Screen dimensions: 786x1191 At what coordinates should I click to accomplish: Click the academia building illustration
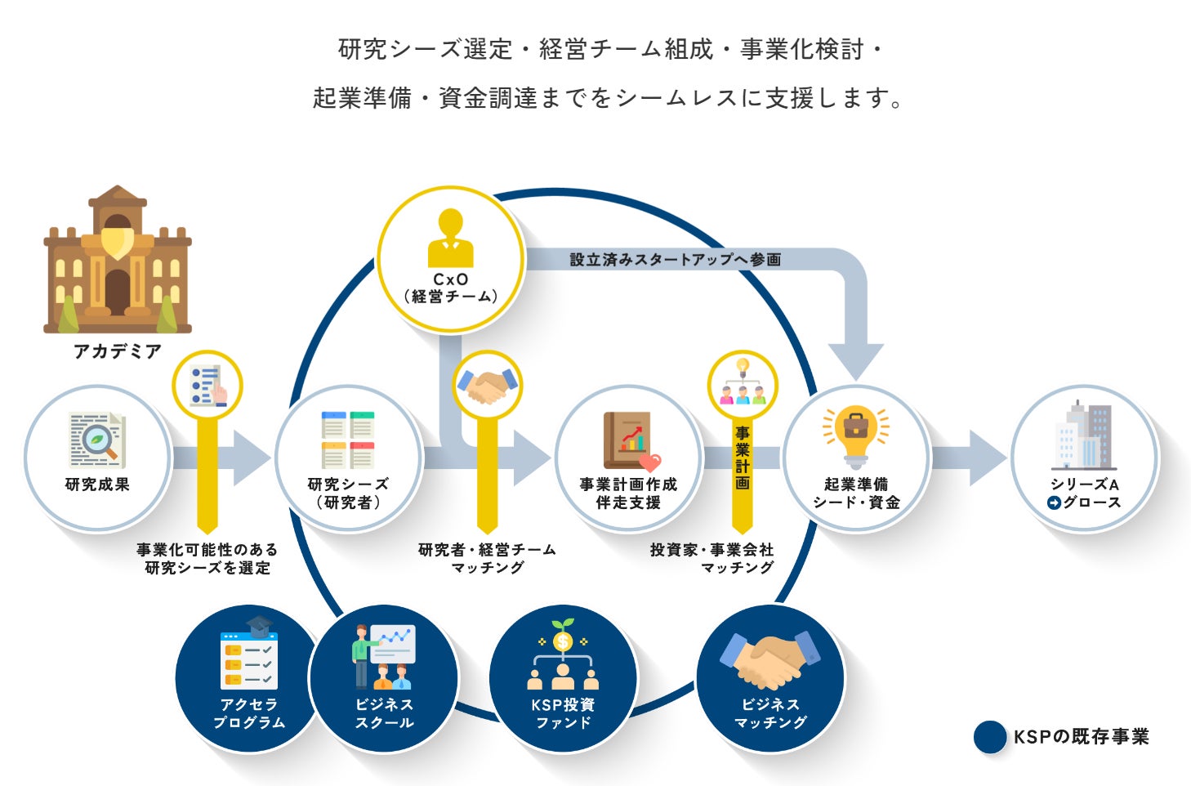click(118, 260)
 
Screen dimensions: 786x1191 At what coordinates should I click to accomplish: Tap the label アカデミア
click(118, 351)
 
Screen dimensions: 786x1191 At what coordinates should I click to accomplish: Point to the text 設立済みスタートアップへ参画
click(675, 260)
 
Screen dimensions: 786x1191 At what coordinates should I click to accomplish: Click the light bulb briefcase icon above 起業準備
click(855, 434)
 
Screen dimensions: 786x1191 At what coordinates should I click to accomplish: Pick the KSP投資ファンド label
click(563, 713)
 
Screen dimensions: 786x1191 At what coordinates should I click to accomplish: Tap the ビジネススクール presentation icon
click(384, 655)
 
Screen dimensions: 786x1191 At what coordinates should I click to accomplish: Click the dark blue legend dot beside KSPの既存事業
click(990, 737)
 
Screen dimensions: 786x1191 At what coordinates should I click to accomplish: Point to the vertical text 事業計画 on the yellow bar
click(742, 458)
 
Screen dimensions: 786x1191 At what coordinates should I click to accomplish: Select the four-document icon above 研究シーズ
click(348, 440)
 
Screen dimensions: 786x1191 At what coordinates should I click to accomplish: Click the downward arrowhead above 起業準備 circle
click(855, 360)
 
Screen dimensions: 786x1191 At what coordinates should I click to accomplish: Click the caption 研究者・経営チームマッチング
click(487, 559)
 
